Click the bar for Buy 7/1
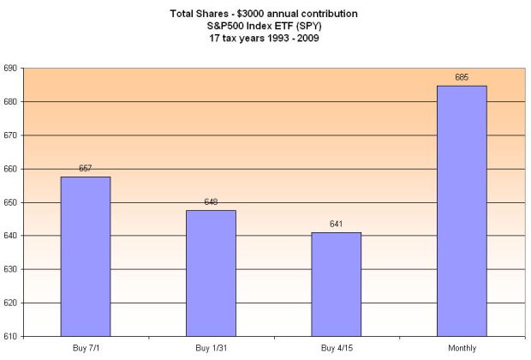[x=86, y=256]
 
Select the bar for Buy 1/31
[x=211, y=273]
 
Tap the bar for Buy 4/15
[x=337, y=284]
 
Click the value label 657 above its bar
[x=86, y=169]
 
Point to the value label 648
[x=211, y=202]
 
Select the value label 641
[x=337, y=225]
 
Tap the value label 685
[x=462, y=78]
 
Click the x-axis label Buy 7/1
[x=86, y=348]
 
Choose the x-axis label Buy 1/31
[x=211, y=348]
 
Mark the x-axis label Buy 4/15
[x=337, y=348]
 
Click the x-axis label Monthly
[x=462, y=348]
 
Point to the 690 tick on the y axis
[x=11, y=69]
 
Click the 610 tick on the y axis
[x=11, y=336]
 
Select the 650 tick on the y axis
[x=11, y=202]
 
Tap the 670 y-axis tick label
[x=11, y=135]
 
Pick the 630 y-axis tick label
[x=11, y=269]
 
